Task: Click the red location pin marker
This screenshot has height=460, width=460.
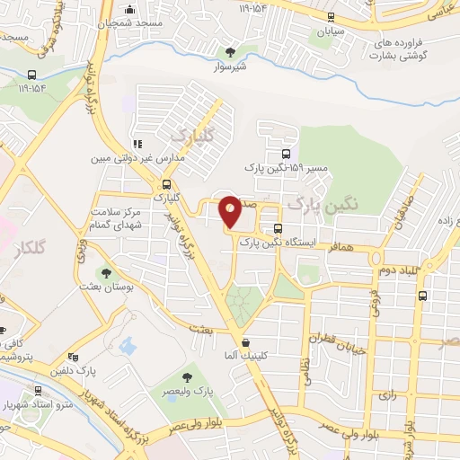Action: pos(230,211)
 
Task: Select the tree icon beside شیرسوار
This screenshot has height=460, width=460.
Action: pos(232,52)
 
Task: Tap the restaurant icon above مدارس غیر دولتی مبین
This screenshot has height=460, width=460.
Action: pos(137,144)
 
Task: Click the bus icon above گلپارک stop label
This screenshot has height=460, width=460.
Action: pos(165,182)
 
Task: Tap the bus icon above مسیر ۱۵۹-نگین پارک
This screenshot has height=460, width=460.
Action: pos(286,154)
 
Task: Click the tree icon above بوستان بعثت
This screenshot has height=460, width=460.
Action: pos(106,271)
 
